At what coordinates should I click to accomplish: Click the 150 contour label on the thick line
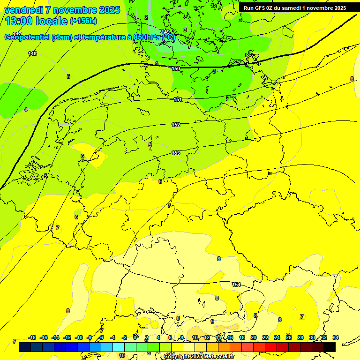176,68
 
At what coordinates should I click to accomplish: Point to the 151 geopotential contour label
178,99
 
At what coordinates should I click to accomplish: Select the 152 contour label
176,125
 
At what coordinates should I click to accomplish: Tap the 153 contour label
176,153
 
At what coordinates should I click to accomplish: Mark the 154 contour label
237,285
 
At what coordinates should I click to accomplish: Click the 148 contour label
32,53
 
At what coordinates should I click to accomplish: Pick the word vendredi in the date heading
24,10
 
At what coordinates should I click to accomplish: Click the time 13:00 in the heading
24,21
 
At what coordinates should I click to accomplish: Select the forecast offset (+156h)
83,21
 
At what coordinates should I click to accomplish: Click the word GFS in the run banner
262,8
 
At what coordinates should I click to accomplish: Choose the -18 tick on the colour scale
32,337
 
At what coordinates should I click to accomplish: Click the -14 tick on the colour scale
56,337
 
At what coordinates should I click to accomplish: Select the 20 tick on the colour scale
254,337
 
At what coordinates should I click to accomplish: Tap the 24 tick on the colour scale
277,337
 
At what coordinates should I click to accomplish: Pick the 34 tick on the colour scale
336,337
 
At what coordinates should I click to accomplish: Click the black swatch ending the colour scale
330,347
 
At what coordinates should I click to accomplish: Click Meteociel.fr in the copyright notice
217,357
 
